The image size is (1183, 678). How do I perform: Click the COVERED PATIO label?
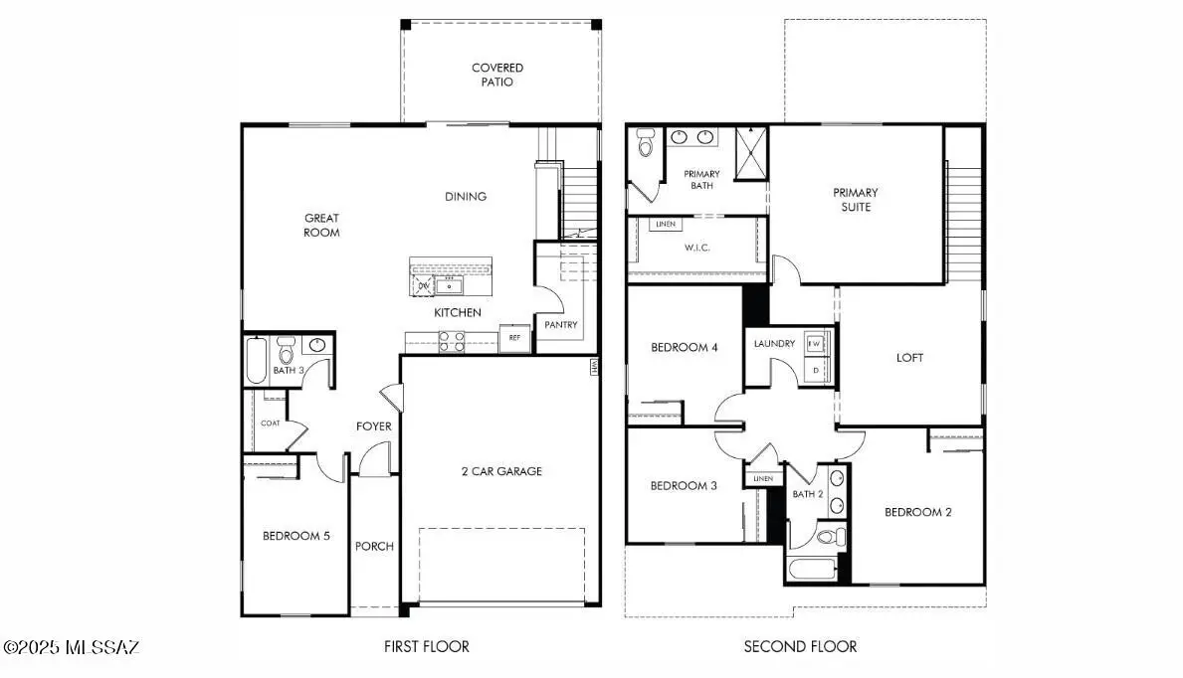[497, 75]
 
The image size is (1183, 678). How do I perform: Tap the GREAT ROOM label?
[321, 225]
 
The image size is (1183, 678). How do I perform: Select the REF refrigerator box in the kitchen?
[514, 338]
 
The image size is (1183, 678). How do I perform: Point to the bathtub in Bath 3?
[255, 361]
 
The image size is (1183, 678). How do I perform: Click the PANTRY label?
[560, 324]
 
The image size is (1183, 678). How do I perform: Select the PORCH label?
[374, 546]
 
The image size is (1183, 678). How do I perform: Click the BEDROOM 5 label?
[296, 536]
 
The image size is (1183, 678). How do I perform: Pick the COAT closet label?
[270, 423]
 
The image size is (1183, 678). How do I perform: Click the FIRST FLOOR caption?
[427, 646]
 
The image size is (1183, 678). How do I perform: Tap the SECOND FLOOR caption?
[800, 646]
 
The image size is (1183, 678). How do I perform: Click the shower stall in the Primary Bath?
[751, 153]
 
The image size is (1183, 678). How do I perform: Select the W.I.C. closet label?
[697, 247]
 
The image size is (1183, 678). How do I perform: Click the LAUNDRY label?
[774, 344]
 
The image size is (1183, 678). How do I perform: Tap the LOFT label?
[909, 358]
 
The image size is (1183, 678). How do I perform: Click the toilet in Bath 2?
[825, 537]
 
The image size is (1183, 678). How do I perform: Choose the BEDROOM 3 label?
[684, 485]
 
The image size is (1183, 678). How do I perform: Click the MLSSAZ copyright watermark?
[72, 647]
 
